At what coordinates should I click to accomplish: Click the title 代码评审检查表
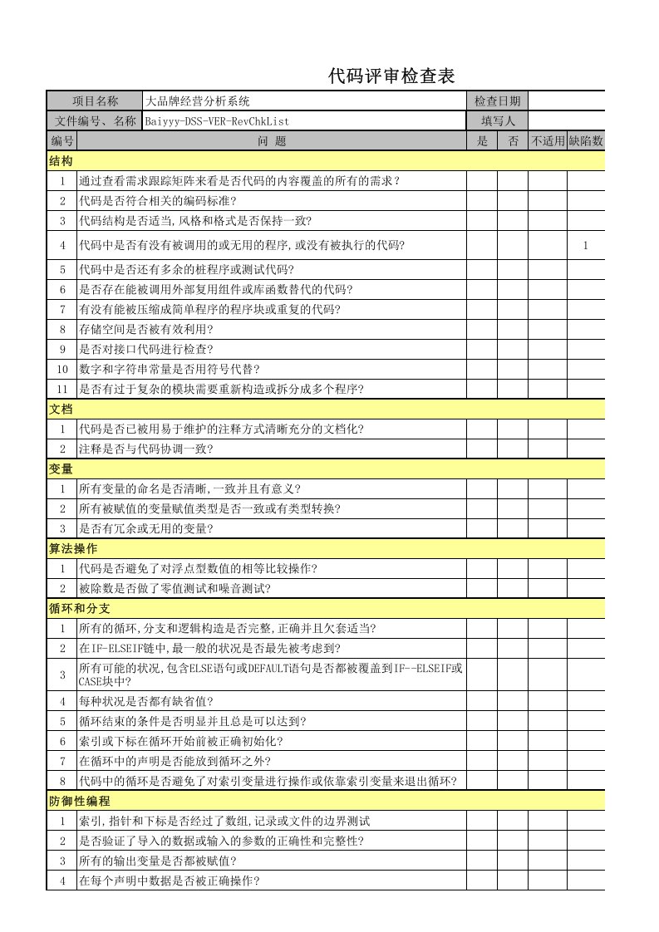(391, 77)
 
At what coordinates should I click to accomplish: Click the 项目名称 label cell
(95, 101)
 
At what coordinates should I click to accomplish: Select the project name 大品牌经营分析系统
(197, 101)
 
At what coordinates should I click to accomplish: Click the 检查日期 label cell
(497, 101)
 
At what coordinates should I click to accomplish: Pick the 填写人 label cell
(497, 121)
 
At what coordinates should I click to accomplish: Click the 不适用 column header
(548, 141)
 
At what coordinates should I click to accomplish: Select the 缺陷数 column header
(586, 141)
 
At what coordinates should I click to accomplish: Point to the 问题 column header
(271, 141)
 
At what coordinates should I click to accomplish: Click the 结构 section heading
(61, 160)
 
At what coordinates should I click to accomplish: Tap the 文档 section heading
(61, 409)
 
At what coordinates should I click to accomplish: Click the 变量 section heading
(61, 468)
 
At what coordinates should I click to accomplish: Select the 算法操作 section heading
(73, 548)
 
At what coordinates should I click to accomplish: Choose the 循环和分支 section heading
(79, 608)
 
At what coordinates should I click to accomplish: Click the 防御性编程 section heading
(79, 801)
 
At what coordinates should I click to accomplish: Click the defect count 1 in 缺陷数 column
(586, 245)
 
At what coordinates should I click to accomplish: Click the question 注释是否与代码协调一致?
(146, 449)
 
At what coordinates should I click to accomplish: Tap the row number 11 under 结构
(61, 389)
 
